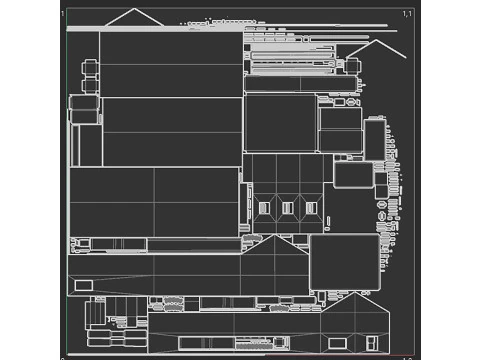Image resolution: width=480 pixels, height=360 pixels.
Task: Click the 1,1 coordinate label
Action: click(407, 13)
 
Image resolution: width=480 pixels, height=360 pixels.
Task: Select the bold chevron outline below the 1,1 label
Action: click(376, 49)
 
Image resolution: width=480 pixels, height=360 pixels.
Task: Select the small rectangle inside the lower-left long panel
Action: click(83, 285)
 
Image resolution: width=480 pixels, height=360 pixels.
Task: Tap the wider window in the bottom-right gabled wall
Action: click(338, 343)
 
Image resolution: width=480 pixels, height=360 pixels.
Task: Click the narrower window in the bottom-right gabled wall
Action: click(372, 343)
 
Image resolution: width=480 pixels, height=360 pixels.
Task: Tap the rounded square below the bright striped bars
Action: click(280, 122)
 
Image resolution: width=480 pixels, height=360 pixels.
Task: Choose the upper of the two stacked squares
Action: click(340, 118)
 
